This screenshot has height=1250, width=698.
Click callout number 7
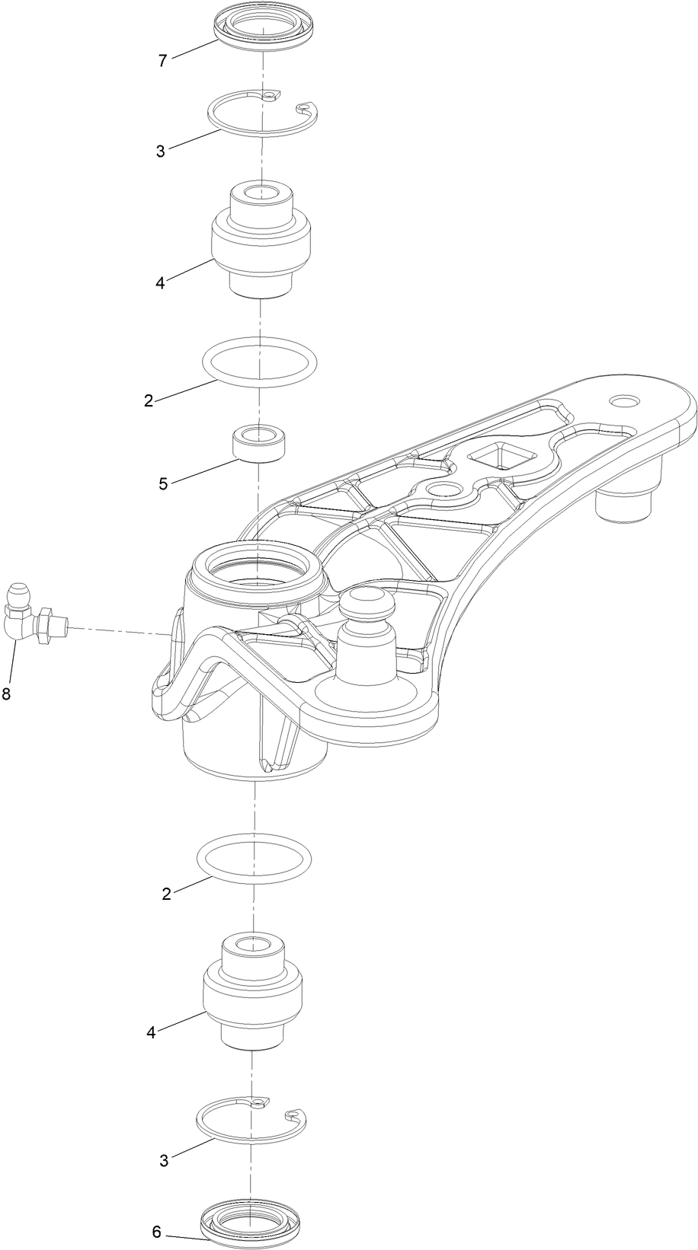coord(162,61)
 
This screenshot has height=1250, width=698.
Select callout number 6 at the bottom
coord(157,1232)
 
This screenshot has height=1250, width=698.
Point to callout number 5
coord(164,483)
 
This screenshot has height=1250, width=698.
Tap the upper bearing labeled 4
coord(261,240)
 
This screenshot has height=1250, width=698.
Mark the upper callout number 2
coord(149,400)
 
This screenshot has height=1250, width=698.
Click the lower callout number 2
coord(167,894)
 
